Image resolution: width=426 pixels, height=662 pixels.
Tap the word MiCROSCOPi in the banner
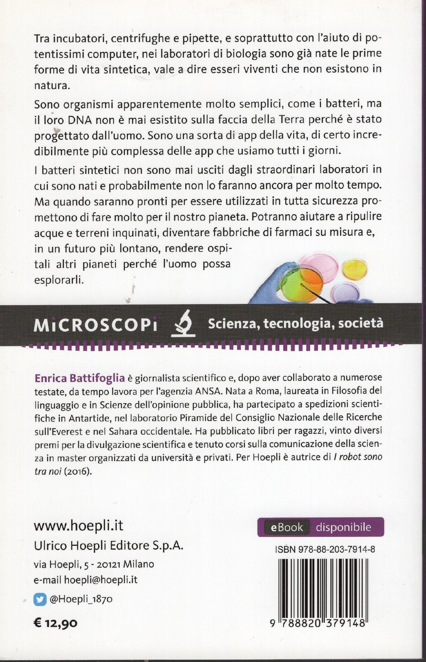[x=95, y=326]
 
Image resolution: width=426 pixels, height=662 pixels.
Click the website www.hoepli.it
[x=79, y=526]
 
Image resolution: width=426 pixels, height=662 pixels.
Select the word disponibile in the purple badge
[x=344, y=527]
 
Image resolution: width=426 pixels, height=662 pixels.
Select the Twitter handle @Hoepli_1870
[x=81, y=599]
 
